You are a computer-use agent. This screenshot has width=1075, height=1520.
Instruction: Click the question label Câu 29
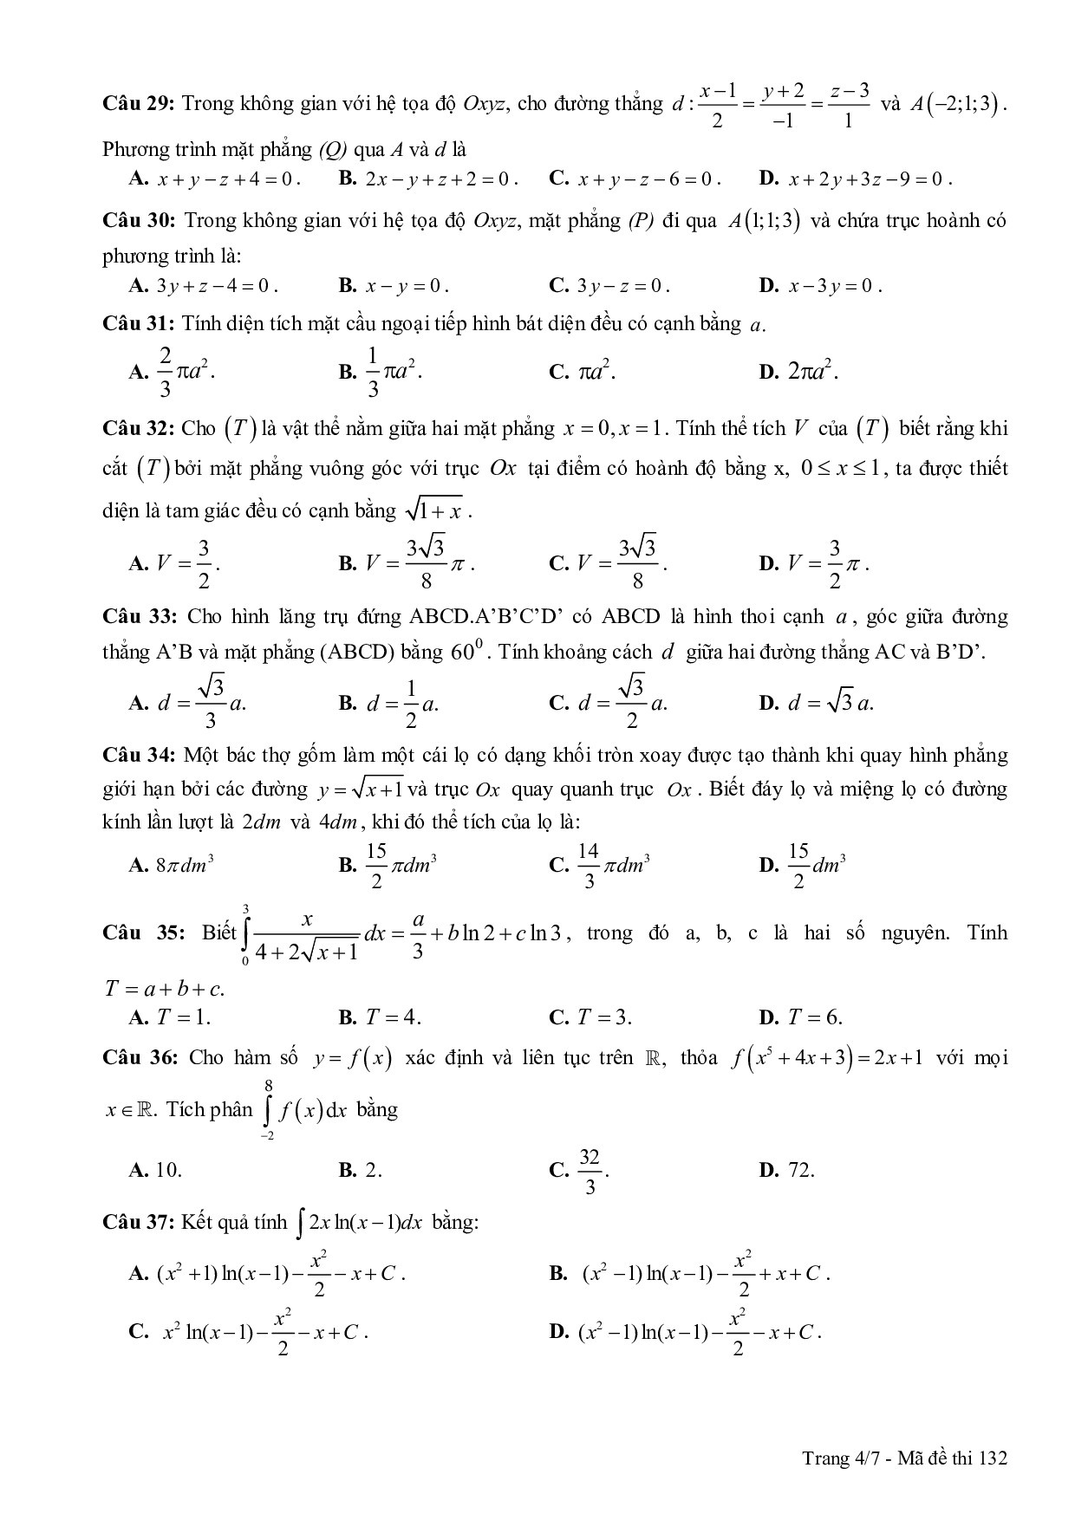pos(139,104)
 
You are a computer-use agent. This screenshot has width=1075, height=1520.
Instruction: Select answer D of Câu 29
pos(855,179)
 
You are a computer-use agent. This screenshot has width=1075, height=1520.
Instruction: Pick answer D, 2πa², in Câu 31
pos(798,373)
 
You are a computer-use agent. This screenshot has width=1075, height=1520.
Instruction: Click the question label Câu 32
pos(139,428)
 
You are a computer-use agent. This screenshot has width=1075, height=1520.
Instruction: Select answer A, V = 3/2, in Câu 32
pos(174,564)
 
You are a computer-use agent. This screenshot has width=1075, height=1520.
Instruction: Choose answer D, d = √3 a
pos(816,703)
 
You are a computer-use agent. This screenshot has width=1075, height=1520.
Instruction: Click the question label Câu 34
pos(139,756)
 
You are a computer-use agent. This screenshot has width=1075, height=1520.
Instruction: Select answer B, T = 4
pos(381,1017)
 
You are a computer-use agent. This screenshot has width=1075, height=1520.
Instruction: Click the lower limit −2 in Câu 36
pos(268,1135)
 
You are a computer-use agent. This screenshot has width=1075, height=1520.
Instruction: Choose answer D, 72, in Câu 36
pos(786,1170)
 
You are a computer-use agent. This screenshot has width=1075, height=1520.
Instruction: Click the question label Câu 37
pos(139,1223)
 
